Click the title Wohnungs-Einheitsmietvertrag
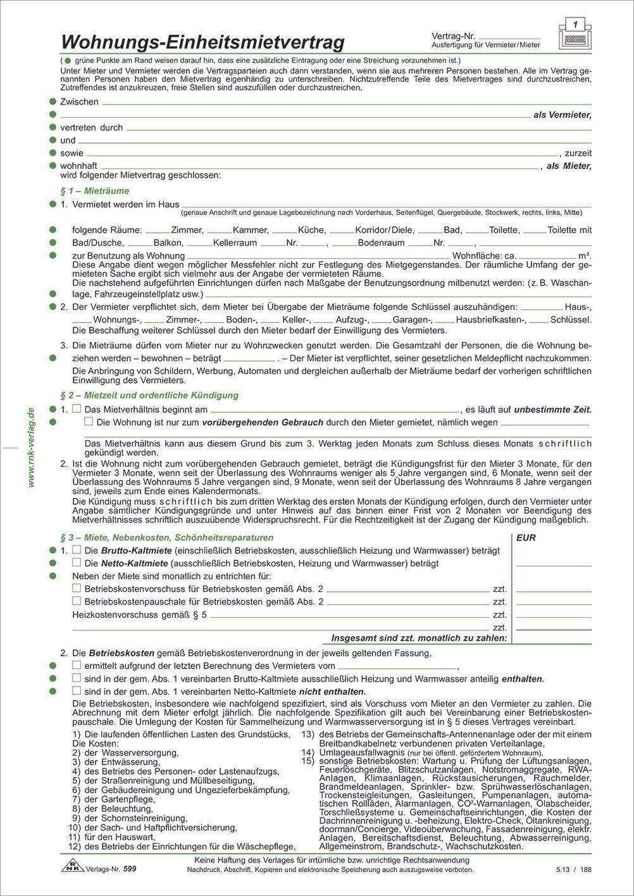pos(202,42)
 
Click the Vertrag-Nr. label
pos(454,37)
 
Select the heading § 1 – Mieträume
pos(94,190)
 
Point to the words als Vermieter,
pos(563,115)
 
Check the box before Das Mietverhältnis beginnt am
pos(77,409)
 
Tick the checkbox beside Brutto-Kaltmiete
pos(77,550)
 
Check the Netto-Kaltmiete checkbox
pos(77,562)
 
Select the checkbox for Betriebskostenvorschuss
pos(77,588)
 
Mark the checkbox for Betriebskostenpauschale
pos(77,601)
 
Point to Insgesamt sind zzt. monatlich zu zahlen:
pos(420,639)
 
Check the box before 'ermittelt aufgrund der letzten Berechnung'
pos(77,665)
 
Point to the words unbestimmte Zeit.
pos(552,409)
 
